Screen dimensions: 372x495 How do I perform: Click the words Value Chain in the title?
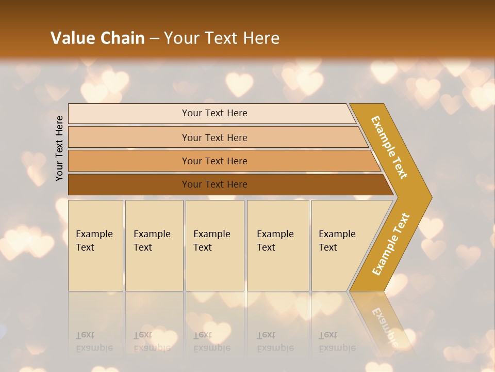pyautogui.click(x=97, y=38)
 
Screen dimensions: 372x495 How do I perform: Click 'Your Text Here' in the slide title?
pyautogui.click(x=222, y=38)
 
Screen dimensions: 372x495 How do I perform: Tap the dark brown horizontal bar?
pyautogui.click(x=214, y=184)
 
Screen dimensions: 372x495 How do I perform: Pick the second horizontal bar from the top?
pyautogui.click(x=214, y=137)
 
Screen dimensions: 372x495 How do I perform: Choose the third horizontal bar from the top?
pyautogui.click(x=214, y=161)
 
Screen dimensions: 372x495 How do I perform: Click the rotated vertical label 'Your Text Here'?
pyautogui.click(x=60, y=148)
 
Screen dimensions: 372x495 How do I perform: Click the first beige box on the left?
pyautogui.click(x=95, y=245)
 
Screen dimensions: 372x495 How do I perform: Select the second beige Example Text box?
pyautogui.click(x=154, y=245)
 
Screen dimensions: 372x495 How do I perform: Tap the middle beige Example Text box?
pyautogui.click(x=214, y=245)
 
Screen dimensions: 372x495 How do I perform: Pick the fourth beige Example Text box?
pyautogui.click(x=278, y=245)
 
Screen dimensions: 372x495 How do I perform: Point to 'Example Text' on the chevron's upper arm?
pyautogui.click(x=389, y=147)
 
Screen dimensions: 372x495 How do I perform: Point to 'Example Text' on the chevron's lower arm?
pyautogui.click(x=391, y=244)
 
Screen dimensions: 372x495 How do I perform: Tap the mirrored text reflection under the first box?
pyautogui.click(x=94, y=342)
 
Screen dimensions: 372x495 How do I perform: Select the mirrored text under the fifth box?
pyautogui.click(x=337, y=342)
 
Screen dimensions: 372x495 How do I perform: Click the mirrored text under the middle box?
pyautogui.click(x=212, y=342)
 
